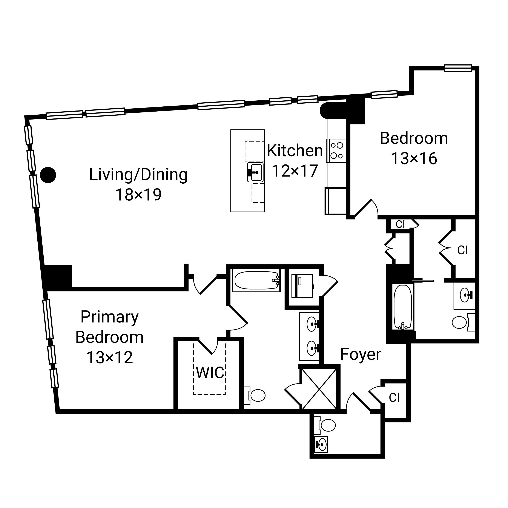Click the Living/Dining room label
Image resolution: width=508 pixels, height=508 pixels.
(139, 175)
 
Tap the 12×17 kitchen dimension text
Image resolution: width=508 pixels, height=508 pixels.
(295, 171)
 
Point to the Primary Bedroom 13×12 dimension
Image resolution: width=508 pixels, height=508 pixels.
(110, 357)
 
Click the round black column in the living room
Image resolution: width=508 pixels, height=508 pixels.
(48, 175)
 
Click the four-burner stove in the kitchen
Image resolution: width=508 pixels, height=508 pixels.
(336, 151)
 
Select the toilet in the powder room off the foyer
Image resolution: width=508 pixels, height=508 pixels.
(325, 425)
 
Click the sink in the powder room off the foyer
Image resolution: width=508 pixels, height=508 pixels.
(321, 444)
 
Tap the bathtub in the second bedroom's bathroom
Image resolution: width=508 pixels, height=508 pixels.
(403, 307)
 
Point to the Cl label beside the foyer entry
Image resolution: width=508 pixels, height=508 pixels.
(394, 398)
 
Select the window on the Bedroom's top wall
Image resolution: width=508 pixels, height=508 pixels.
(458, 68)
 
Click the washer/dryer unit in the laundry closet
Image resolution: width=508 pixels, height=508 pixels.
(302, 286)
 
